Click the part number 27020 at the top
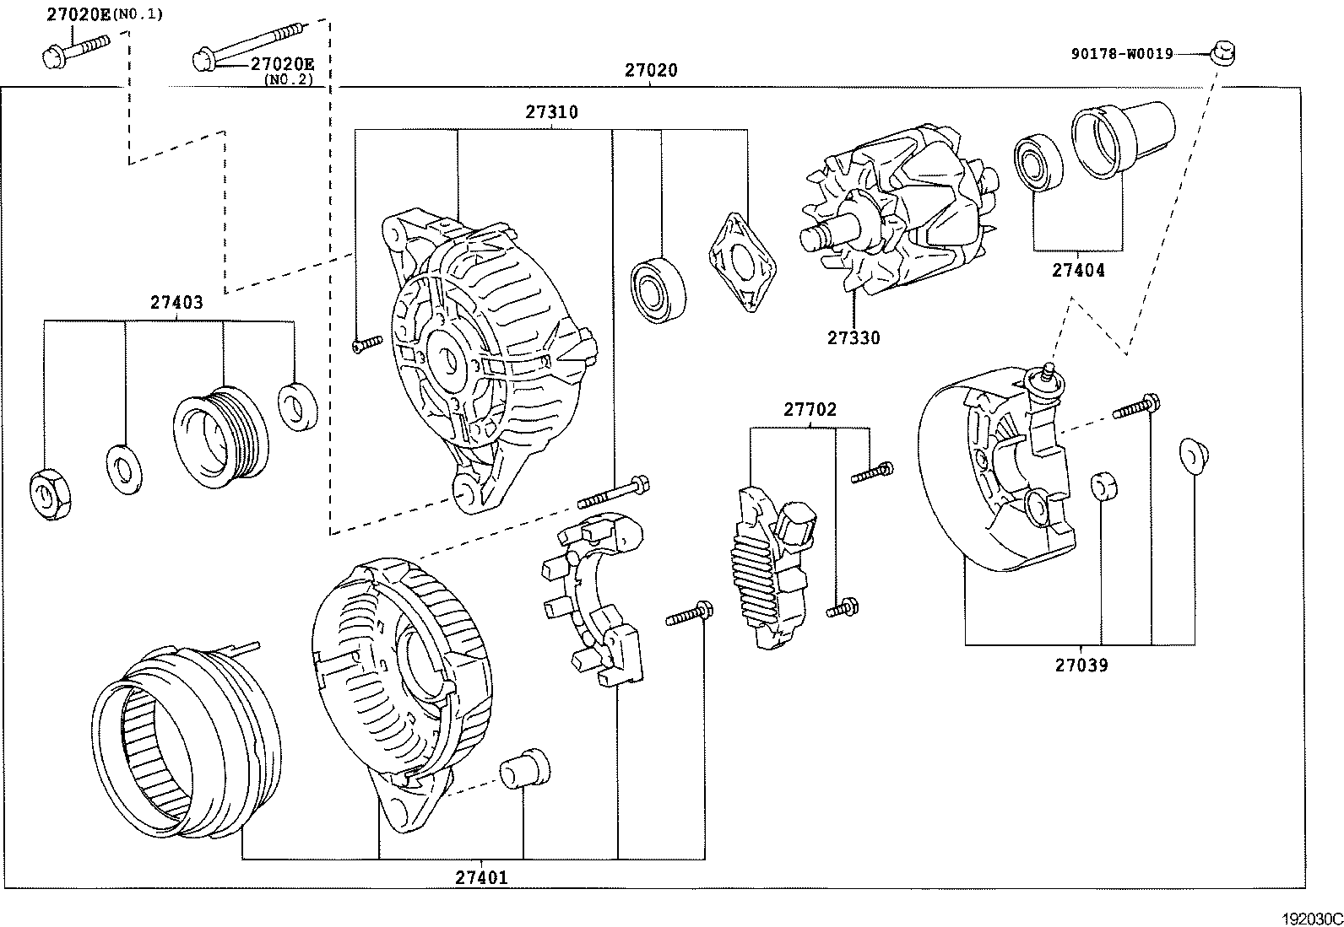[x=650, y=71]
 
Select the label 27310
[x=551, y=112]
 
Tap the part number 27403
[x=177, y=303]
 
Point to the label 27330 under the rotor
[x=853, y=338]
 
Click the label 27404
[x=1077, y=271]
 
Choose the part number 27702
[x=810, y=410]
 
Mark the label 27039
[x=1081, y=666]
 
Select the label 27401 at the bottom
[x=482, y=877]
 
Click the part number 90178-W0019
[x=1122, y=54]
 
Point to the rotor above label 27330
[x=899, y=215]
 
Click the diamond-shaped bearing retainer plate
[x=743, y=262]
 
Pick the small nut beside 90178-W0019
[x=1222, y=53]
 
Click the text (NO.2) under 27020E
[x=288, y=80]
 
